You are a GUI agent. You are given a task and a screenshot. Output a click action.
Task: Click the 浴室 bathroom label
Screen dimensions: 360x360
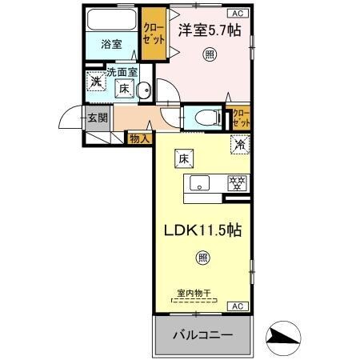pyautogui.click(x=111, y=46)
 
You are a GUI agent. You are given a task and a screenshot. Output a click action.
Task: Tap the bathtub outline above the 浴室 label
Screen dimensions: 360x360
pyautogui.click(x=112, y=21)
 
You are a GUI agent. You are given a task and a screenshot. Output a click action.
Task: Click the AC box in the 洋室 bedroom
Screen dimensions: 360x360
pyautogui.click(x=238, y=13)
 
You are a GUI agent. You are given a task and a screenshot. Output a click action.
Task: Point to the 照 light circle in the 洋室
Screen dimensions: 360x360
pyautogui.click(x=210, y=55)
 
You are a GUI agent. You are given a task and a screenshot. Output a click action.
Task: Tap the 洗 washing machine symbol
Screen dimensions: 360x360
pyautogui.click(x=95, y=82)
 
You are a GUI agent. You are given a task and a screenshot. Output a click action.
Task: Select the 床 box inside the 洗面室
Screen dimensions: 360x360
pyautogui.click(x=125, y=90)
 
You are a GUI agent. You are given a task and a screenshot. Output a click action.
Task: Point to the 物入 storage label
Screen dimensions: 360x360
pyautogui.click(x=139, y=138)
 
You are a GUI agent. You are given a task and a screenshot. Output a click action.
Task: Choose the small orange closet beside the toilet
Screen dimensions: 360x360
pyautogui.click(x=241, y=118)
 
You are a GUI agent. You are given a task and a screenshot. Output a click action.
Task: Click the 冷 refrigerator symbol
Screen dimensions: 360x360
pyautogui.click(x=238, y=146)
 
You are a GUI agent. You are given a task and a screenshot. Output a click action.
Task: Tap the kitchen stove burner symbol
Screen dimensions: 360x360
pyautogui.click(x=236, y=182)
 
